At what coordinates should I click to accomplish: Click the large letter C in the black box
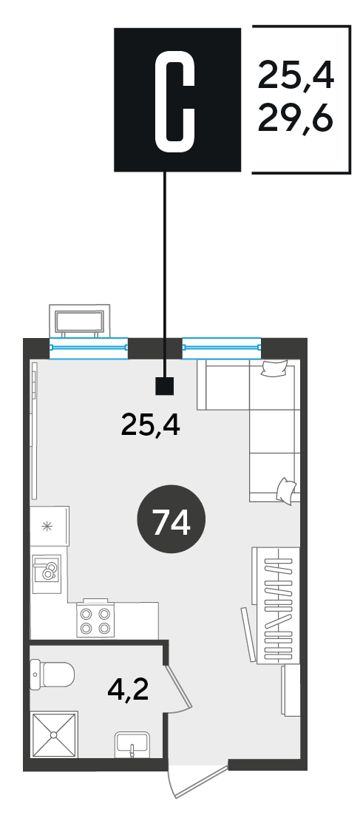(174, 99)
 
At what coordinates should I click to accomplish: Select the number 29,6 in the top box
(296, 120)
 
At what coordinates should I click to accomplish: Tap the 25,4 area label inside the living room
(151, 425)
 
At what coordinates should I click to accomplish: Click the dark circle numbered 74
(171, 519)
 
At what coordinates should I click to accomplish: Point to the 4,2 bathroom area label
(128, 689)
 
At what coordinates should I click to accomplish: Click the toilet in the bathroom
(52, 675)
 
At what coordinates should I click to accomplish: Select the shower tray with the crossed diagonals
(54, 735)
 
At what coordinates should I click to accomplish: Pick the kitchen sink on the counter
(47, 574)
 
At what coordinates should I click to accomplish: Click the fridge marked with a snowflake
(50, 526)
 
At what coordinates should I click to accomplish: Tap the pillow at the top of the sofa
(275, 368)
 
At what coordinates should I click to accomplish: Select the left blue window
(89, 347)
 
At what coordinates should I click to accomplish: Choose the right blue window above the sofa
(221, 347)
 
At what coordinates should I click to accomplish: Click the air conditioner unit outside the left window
(80, 320)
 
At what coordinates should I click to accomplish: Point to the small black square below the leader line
(165, 386)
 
